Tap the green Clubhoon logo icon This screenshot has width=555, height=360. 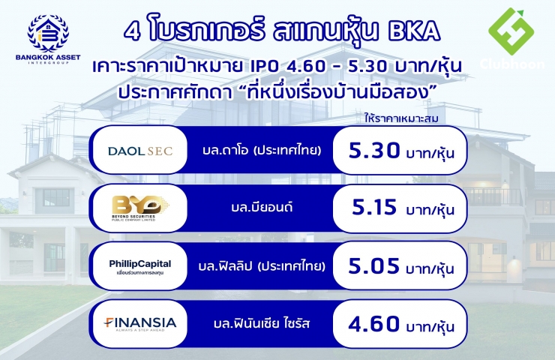511,31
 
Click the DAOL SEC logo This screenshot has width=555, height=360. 140,151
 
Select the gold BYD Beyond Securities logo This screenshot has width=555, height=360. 139,208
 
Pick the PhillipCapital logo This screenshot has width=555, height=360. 139,267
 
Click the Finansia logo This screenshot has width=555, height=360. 139,324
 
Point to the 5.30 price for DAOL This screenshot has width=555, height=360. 374,151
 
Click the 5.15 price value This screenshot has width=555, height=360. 374,207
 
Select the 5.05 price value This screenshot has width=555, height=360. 373,265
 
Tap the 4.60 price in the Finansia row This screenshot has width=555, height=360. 373,323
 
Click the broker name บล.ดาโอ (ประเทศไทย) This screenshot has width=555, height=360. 262,151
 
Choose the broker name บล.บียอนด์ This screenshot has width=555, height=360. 262,207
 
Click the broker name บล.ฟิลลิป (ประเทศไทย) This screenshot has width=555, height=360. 262,265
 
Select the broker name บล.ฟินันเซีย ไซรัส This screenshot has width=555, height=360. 262,323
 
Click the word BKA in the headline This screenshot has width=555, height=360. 414,31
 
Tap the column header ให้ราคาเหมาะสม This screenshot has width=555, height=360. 401,118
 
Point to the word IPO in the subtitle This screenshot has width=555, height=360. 265,66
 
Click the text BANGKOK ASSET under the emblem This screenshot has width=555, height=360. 48,57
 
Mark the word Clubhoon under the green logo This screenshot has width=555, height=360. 512,64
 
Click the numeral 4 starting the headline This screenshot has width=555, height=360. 132,31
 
